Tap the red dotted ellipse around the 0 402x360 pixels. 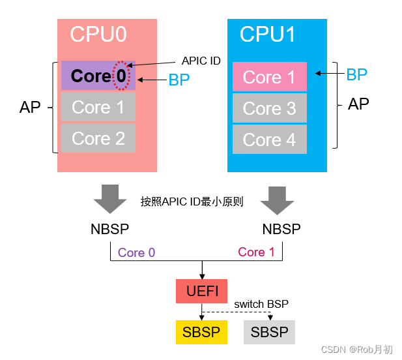pyautogui.click(x=121, y=76)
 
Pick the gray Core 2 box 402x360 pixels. pyautogui.click(x=98, y=138)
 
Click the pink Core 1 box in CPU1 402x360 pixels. pyautogui.click(x=270, y=77)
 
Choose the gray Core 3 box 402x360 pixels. pyautogui.click(x=270, y=108)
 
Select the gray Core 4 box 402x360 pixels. pyautogui.click(x=270, y=139)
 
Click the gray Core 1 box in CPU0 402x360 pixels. pyautogui.click(x=98, y=107)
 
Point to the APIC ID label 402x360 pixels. pyautogui.click(x=201, y=61)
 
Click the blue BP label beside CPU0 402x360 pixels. pyautogui.click(x=179, y=80)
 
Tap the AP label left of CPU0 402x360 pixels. pyautogui.click(x=30, y=108)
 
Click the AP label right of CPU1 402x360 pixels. pyautogui.click(x=359, y=104)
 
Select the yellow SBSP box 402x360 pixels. pyautogui.click(x=201, y=332)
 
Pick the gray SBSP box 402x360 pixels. pyautogui.click(x=270, y=332)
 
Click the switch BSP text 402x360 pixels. pyautogui.click(x=261, y=304)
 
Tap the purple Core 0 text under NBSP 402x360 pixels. pyautogui.click(x=136, y=252)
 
